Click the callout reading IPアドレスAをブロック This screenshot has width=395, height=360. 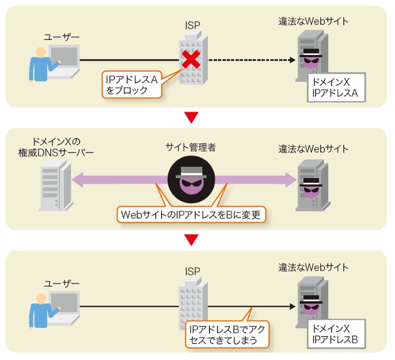[129, 83]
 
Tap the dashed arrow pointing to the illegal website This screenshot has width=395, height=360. [252, 60]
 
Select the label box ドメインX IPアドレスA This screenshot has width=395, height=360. [335, 87]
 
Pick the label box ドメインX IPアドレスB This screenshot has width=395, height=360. [335, 333]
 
